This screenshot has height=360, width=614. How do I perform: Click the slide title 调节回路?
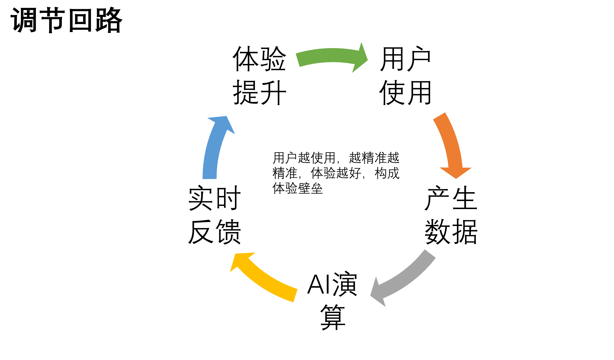coord(66,20)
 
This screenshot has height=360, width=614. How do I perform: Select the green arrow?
coord(329,56)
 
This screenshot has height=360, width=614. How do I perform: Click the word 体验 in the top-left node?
coord(259,59)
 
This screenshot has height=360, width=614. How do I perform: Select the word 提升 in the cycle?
coord(259,93)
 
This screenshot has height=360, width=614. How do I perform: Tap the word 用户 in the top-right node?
coord(405,59)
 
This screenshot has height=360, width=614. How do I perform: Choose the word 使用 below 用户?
coord(405,93)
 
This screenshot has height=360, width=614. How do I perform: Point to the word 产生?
coord(451,198)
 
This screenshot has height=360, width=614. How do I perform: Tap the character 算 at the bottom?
coord(333,317)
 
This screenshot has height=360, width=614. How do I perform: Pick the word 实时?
coord(215,198)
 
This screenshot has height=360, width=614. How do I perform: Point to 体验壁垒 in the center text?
coord(298,188)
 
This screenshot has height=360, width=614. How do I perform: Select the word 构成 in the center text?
coord(387,173)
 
